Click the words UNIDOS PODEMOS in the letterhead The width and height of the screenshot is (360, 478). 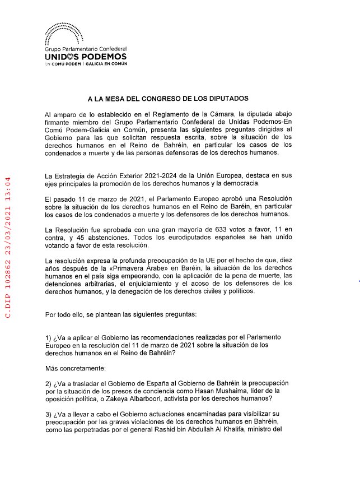click(85, 57)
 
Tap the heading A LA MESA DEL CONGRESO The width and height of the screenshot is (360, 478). click(163, 98)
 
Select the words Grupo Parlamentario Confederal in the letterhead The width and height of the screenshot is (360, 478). click(85, 49)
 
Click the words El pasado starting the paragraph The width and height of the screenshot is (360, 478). click(59, 198)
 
